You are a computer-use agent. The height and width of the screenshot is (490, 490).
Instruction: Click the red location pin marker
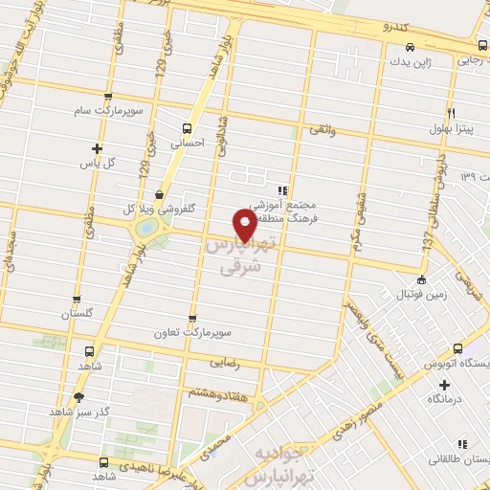[245, 225]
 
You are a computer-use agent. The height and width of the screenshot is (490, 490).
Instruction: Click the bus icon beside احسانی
[188, 127]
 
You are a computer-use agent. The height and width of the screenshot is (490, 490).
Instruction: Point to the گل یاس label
[96, 162]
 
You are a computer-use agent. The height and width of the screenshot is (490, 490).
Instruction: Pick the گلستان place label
[80, 314]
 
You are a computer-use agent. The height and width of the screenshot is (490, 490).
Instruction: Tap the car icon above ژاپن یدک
[410, 46]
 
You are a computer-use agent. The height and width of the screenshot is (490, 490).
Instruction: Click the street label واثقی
[320, 128]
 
